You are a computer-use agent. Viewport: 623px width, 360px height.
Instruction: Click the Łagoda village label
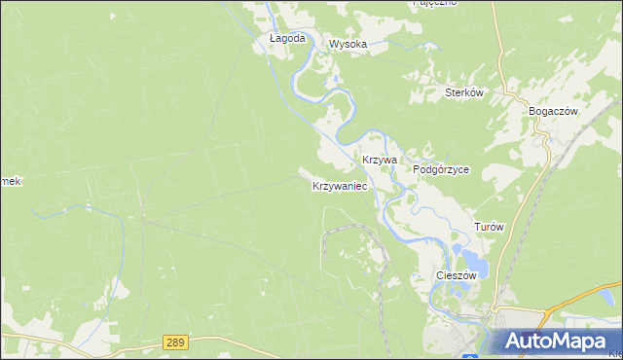287,39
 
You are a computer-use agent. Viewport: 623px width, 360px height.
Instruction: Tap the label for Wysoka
348,44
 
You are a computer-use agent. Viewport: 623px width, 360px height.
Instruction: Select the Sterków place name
464,93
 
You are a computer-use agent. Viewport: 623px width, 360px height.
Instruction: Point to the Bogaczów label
553,111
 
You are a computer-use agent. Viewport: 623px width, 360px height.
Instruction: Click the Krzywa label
379,159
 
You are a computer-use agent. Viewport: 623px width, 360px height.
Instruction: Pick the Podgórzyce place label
441,169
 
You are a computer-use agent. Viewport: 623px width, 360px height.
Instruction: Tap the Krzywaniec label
339,185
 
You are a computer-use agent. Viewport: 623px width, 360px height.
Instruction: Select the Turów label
489,227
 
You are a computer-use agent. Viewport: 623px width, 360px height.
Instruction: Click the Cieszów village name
456,275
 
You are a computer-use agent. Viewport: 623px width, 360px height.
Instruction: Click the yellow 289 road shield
174,342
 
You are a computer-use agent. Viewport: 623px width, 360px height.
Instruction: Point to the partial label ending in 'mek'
10,182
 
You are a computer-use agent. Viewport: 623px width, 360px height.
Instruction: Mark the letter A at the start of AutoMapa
514,342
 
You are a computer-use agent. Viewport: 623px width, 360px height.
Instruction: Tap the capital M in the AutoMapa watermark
562,342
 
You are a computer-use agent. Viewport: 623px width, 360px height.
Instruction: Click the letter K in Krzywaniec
315,185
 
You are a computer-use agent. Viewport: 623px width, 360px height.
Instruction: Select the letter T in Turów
477,227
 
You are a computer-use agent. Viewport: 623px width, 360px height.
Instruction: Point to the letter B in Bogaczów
532,111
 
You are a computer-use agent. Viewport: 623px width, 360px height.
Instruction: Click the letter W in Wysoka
333,44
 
